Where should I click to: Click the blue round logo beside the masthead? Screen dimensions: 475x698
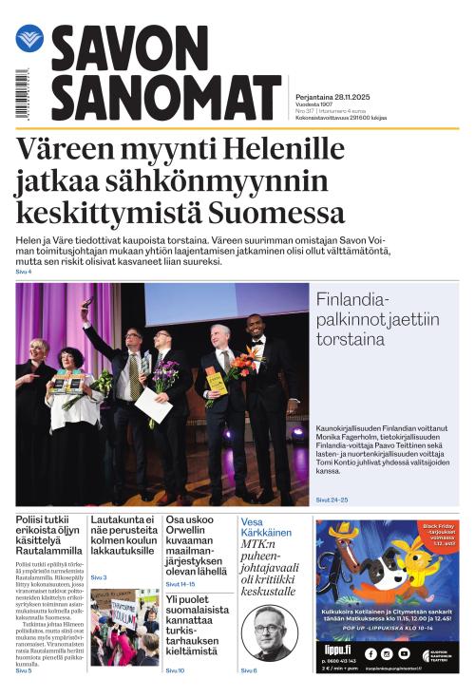pos(29,39)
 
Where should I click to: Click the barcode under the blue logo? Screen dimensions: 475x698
pos(22,94)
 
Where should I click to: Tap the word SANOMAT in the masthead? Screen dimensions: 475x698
pos(165,98)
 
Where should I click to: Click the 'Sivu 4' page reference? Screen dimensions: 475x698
pos(24,272)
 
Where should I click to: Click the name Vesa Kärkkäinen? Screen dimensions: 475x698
pos(265,529)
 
